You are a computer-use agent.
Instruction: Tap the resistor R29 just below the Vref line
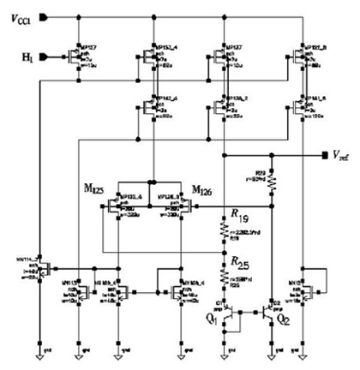[271, 181]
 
